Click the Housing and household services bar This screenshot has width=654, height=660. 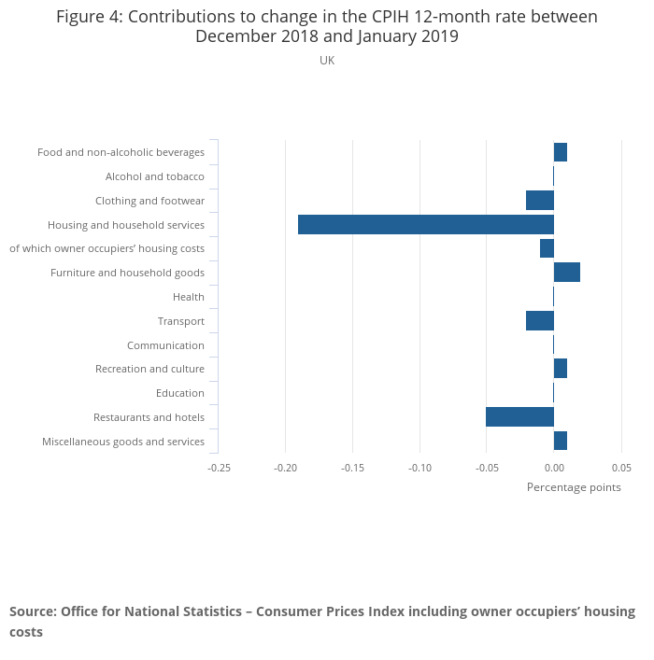[425, 224]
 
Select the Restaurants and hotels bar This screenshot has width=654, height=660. [519, 417]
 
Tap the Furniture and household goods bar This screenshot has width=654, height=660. [566, 273]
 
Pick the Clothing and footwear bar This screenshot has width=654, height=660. [539, 201]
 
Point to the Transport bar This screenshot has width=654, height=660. [539, 321]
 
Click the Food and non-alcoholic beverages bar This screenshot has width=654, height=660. [560, 152]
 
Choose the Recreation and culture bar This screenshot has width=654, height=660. [560, 369]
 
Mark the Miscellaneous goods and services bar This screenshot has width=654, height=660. [560, 441]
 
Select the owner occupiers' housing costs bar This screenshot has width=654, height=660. [547, 248]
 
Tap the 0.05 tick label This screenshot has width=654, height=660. [621, 468]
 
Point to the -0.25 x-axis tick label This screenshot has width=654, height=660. [219, 468]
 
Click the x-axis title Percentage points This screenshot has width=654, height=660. [574, 487]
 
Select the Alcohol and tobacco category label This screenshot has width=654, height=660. [154, 176]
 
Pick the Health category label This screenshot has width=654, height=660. [188, 297]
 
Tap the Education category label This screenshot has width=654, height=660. [179, 393]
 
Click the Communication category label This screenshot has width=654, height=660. [165, 345]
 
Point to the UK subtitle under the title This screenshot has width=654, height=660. [327, 61]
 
